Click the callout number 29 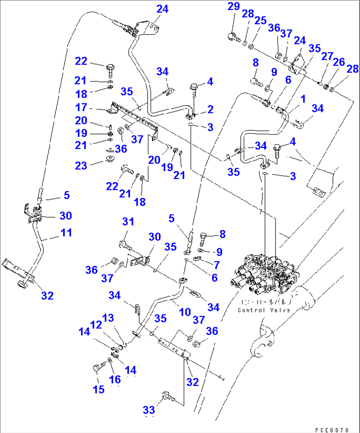pyautogui.click(x=234, y=6)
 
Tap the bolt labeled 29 pyautogui.click(x=233, y=37)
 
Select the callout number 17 pyautogui.click(x=81, y=107)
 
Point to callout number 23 pyautogui.click(x=81, y=165)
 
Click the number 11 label pyautogui.click(x=66, y=233)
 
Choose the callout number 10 pyautogui.click(x=185, y=312)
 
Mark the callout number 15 pyautogui.click(x=98, y=389)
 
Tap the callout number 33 pyautogui.click(x=149, y=410)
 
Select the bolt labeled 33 pyautogui.click(x=167, y=396)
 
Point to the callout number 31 pyautogui.click(x=128, y=222)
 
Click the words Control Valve pyautogui.click(x=264, y=310)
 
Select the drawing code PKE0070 pyautogui.click(x=332, y=430)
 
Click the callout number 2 pyautogui.click(x=210, y=109)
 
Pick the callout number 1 pyautogui.click(x=303, y=99)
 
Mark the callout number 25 pyautogui.click(x=260, y=20)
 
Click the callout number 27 pyautogui.click(x=327, y=56)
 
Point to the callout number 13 pyautogui.click(x=108, y=318)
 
